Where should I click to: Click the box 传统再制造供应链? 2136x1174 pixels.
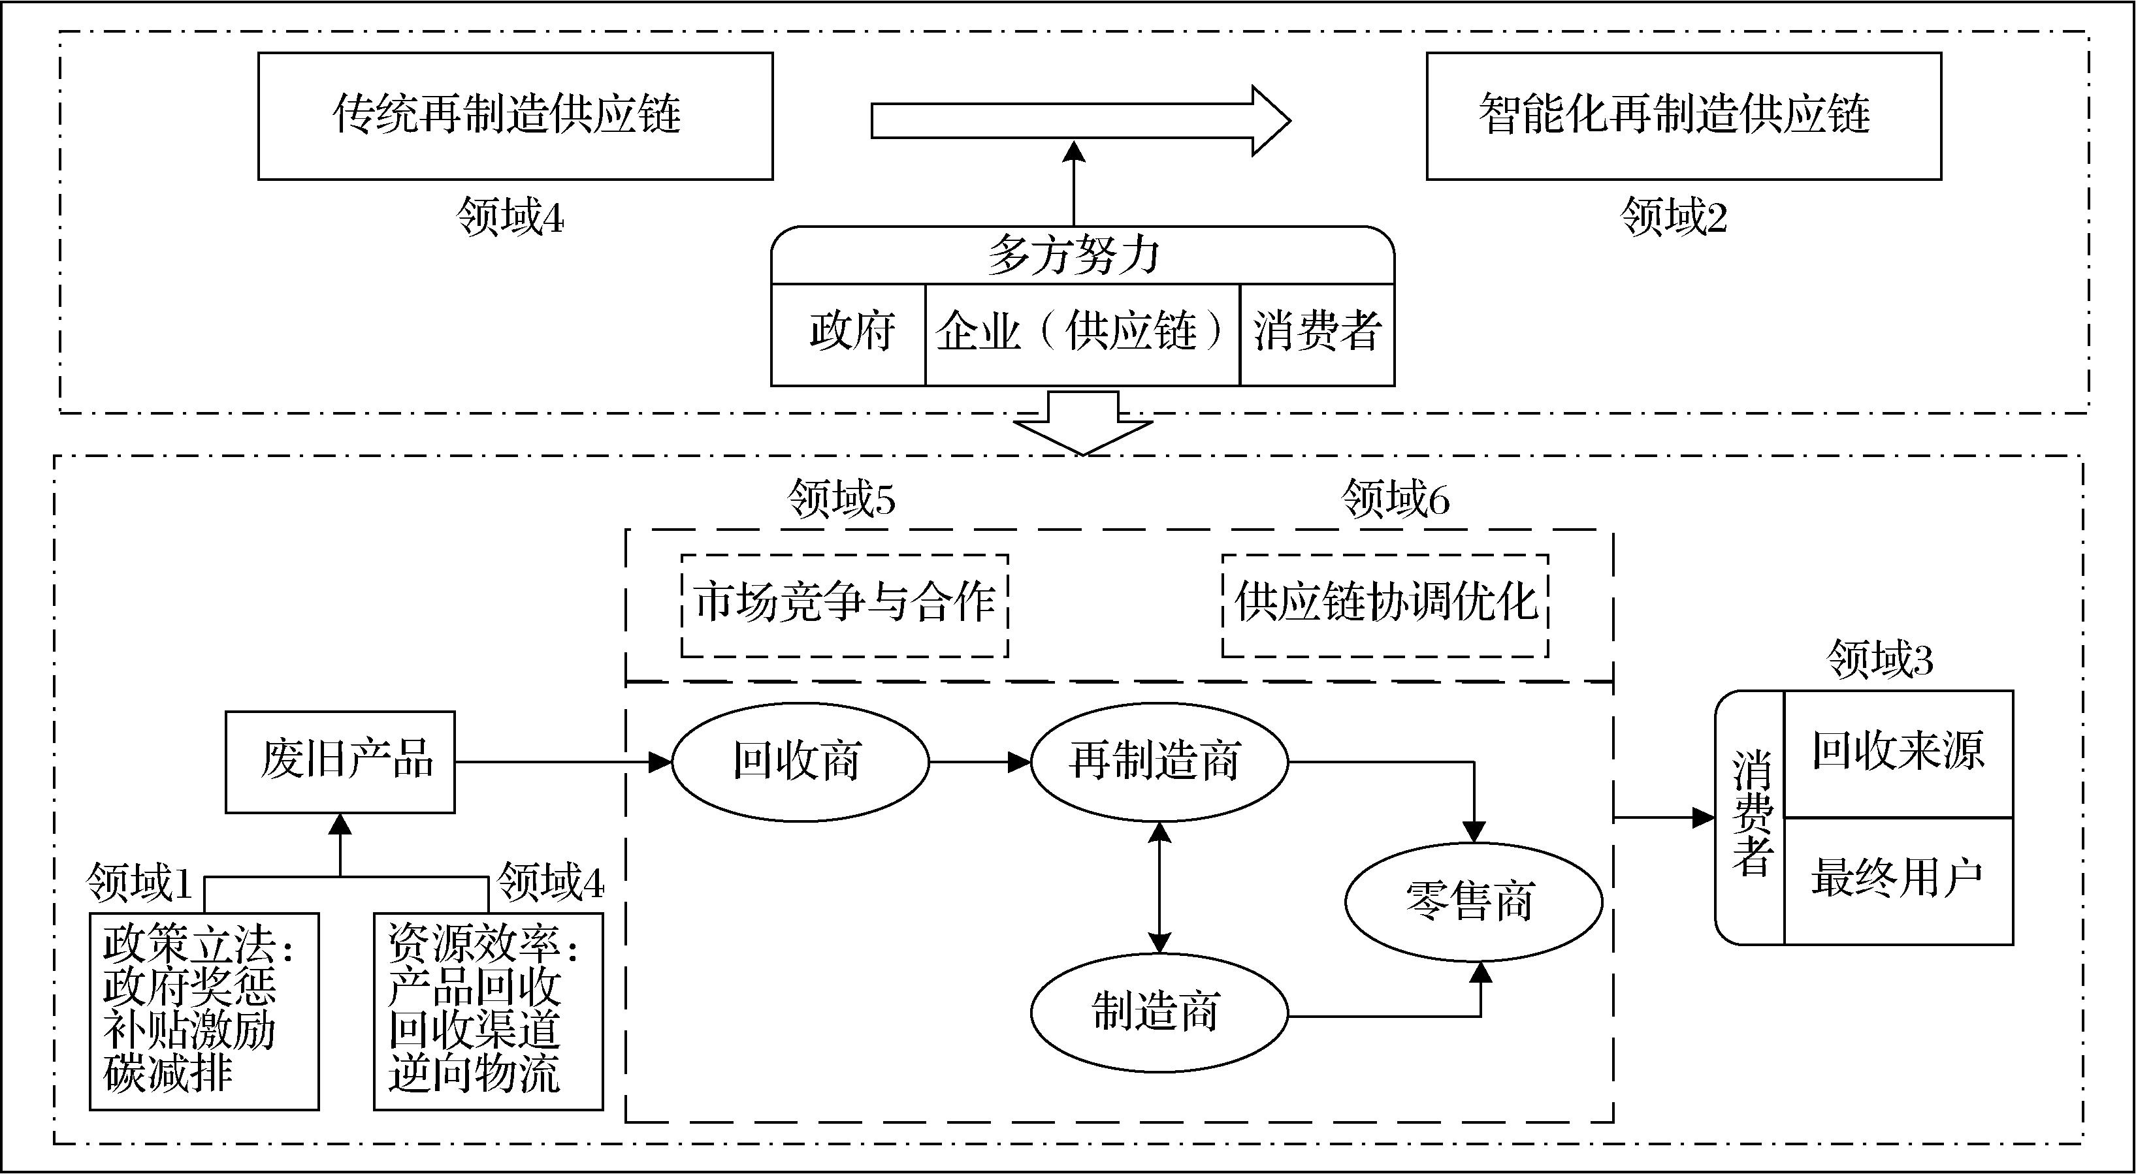click(515, 116)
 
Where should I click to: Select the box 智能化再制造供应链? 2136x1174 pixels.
click(1683, 116)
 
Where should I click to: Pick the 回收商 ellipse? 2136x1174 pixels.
click(800, 762)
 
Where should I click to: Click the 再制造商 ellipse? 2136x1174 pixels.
click(1158, 762)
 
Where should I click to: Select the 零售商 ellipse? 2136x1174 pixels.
click(1472, 902)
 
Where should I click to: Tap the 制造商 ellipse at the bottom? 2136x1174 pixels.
click(1158, 1012)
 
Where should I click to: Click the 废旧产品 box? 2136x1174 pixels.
click(340, 762)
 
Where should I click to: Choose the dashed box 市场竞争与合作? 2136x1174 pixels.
click(844, 605)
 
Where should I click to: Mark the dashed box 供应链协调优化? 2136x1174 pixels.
click(1385, 605)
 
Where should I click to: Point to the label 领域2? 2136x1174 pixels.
click(1674, 218)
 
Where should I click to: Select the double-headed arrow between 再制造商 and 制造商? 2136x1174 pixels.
click(1158, 888)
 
